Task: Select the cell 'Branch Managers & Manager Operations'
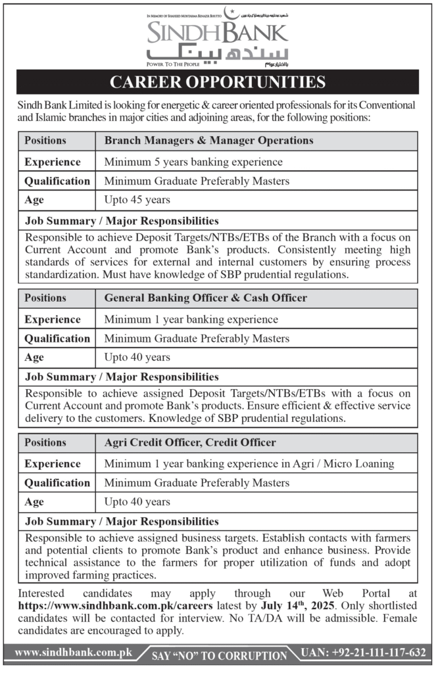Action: click(208, 141)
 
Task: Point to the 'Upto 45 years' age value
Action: click(137, 200)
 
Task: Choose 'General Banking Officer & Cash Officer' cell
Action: click(205, 298)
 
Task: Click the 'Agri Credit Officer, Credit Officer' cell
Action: click(190, 443)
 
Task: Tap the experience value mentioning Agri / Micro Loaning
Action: click(249, 463)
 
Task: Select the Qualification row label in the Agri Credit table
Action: click(57, 483)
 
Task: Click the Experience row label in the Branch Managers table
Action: click(53, 161)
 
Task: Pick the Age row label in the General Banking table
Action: click(34, 358)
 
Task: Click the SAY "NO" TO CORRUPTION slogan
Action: click(219, 655)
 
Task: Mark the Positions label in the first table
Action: click(45, 141)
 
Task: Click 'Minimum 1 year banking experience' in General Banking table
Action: click(191, 319)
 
